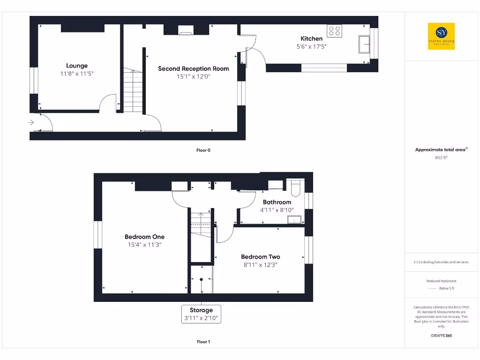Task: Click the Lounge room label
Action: click(76, 66)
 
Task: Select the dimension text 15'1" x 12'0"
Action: click(193, 76)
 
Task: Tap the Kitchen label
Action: click(311, 38)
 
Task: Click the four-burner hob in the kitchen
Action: click(334, 31)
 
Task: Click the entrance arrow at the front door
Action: click(31, 122)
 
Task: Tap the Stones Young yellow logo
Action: click(441, 36)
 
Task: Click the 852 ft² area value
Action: click(441, 158)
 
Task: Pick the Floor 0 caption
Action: click(203, 150)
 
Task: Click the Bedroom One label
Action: click(144, 237)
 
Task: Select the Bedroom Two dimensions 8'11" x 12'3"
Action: click(261, 264)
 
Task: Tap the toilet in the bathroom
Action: click(296, 187)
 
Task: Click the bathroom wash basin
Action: click(294, 219)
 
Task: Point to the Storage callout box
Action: click(201, 314)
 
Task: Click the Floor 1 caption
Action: click(203, 342)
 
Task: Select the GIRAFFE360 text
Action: click(441, 336)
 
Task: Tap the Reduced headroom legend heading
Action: click(441, 281)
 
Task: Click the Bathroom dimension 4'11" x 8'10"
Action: click(277, 210)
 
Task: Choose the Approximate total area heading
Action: click(441, 150)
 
